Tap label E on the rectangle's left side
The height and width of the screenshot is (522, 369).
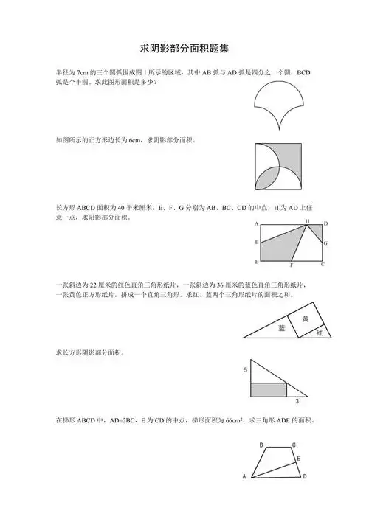(256, 243)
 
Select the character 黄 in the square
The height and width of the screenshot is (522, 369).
(305, 319)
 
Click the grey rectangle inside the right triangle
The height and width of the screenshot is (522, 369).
(269, 389)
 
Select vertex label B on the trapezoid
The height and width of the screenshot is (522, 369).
(261, 445)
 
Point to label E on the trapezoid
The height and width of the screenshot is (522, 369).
(298, 459)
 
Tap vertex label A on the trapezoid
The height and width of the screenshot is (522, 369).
(244, 477)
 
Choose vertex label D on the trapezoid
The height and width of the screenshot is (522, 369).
(304, 476)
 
